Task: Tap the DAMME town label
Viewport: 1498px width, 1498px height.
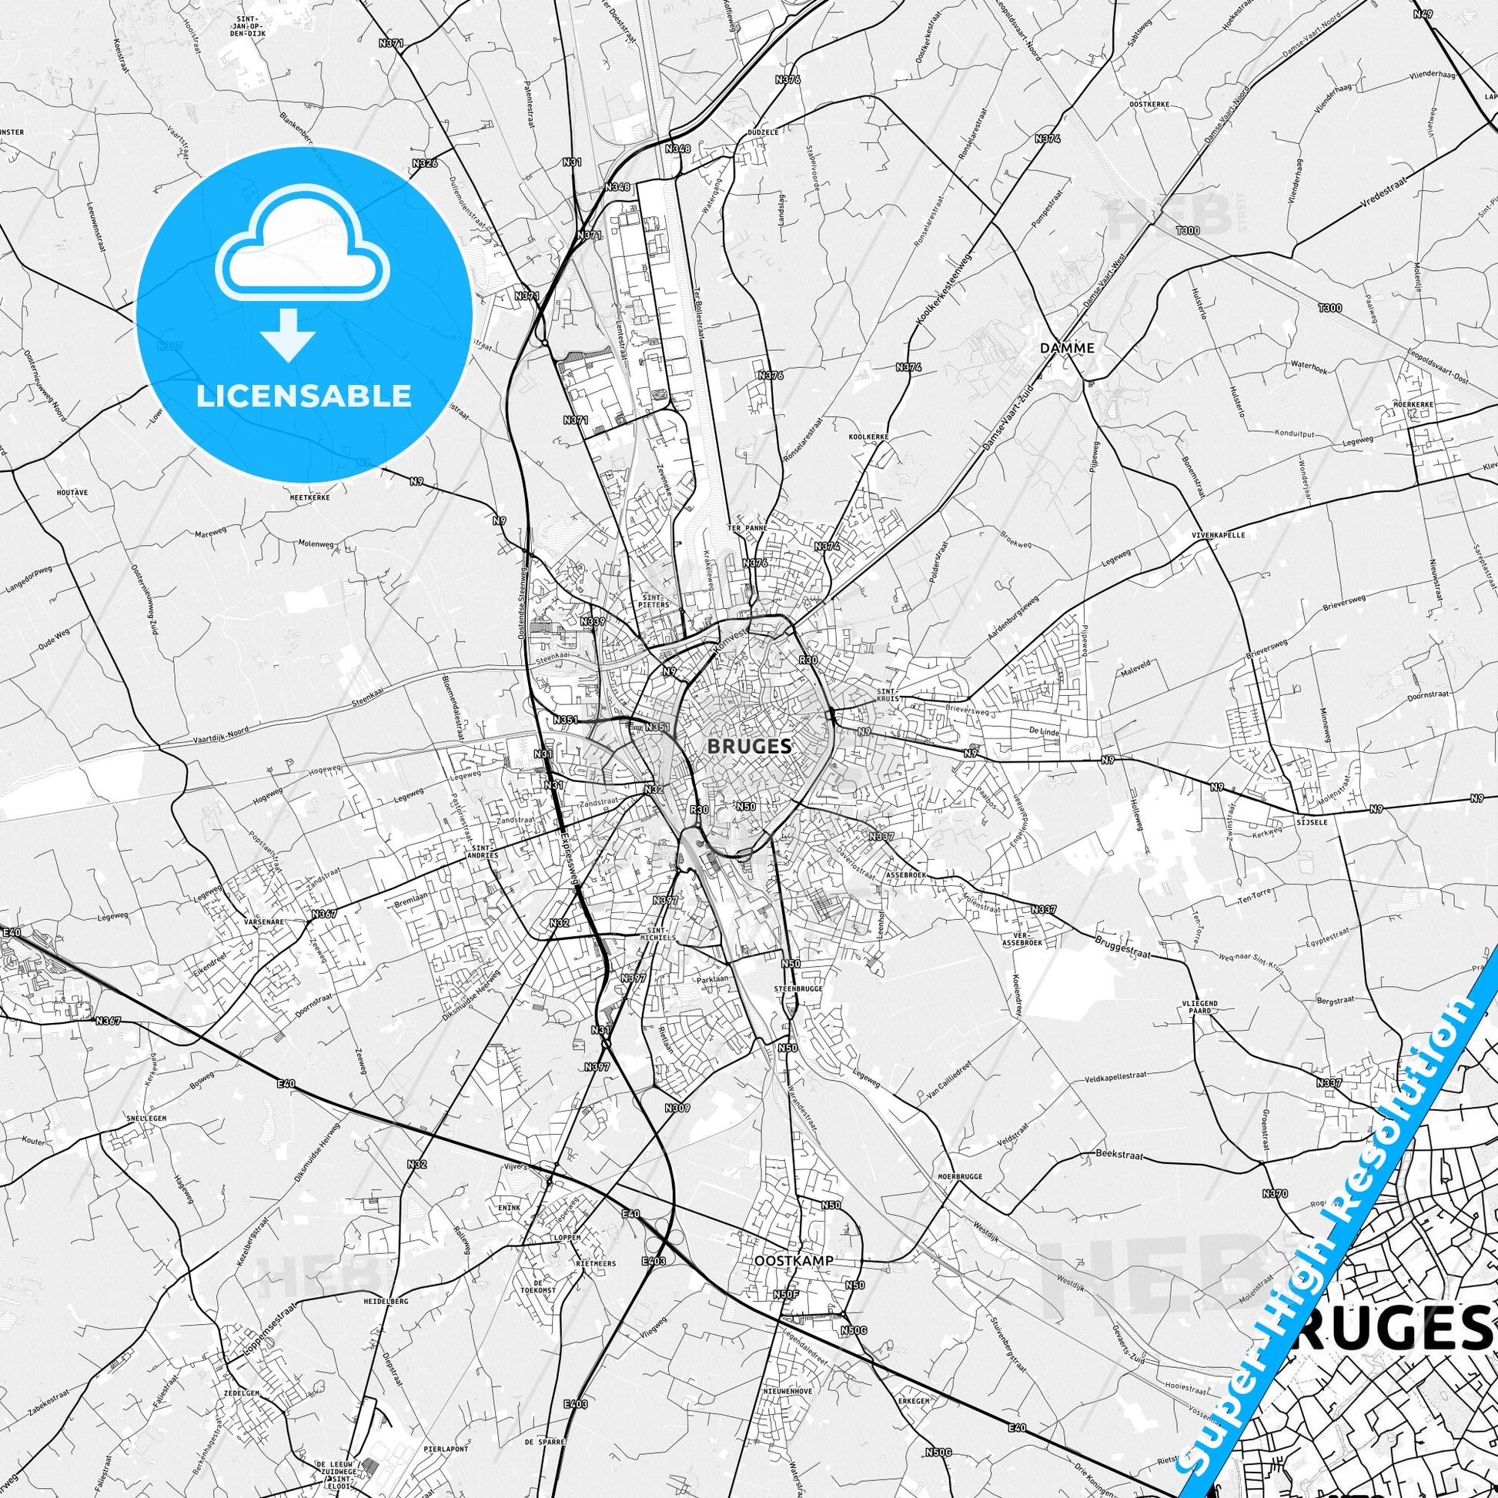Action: [1068, 348]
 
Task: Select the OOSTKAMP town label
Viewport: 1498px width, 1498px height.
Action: [794, 1261]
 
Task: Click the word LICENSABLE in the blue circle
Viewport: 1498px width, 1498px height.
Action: [304, 396]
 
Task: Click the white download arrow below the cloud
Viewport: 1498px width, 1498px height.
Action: [288, 335]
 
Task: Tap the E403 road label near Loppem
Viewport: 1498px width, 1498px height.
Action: [654, 1262]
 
